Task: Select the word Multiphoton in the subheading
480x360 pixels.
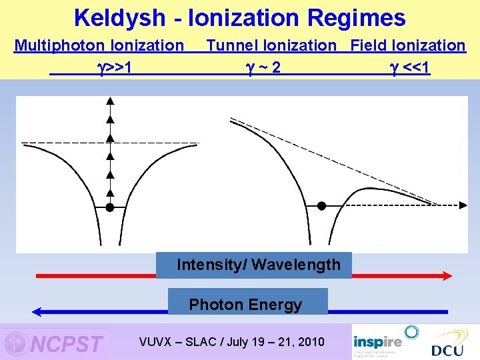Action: tap(57, 46)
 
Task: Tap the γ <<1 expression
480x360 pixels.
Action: tap(410, 67)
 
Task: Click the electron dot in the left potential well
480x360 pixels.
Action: tap(110, 207)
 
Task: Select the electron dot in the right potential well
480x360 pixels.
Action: tap(321, 206)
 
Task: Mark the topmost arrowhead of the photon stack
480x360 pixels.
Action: tap(110, 101)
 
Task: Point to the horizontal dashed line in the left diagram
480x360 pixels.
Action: tap(53, 143)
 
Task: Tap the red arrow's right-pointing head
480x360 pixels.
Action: tap(447, 275)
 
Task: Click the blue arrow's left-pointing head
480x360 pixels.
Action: tap(37, 311)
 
